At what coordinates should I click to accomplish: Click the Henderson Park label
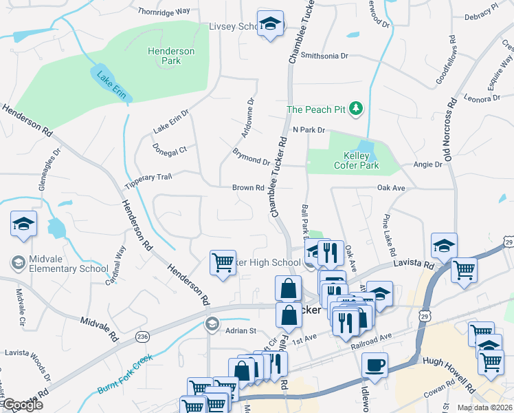point(171,56)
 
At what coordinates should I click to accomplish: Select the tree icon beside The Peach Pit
point(355,109)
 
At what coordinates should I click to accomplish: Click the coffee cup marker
point(375,364)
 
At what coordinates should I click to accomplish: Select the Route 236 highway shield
point(142,336)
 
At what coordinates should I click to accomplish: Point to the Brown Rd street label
point(248,187)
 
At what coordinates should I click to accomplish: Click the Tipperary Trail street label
point(148,182)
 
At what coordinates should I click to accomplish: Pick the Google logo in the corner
point(22,405)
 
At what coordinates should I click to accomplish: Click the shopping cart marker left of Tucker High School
point(223,262)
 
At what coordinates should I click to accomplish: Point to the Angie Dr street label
point(427,165)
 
